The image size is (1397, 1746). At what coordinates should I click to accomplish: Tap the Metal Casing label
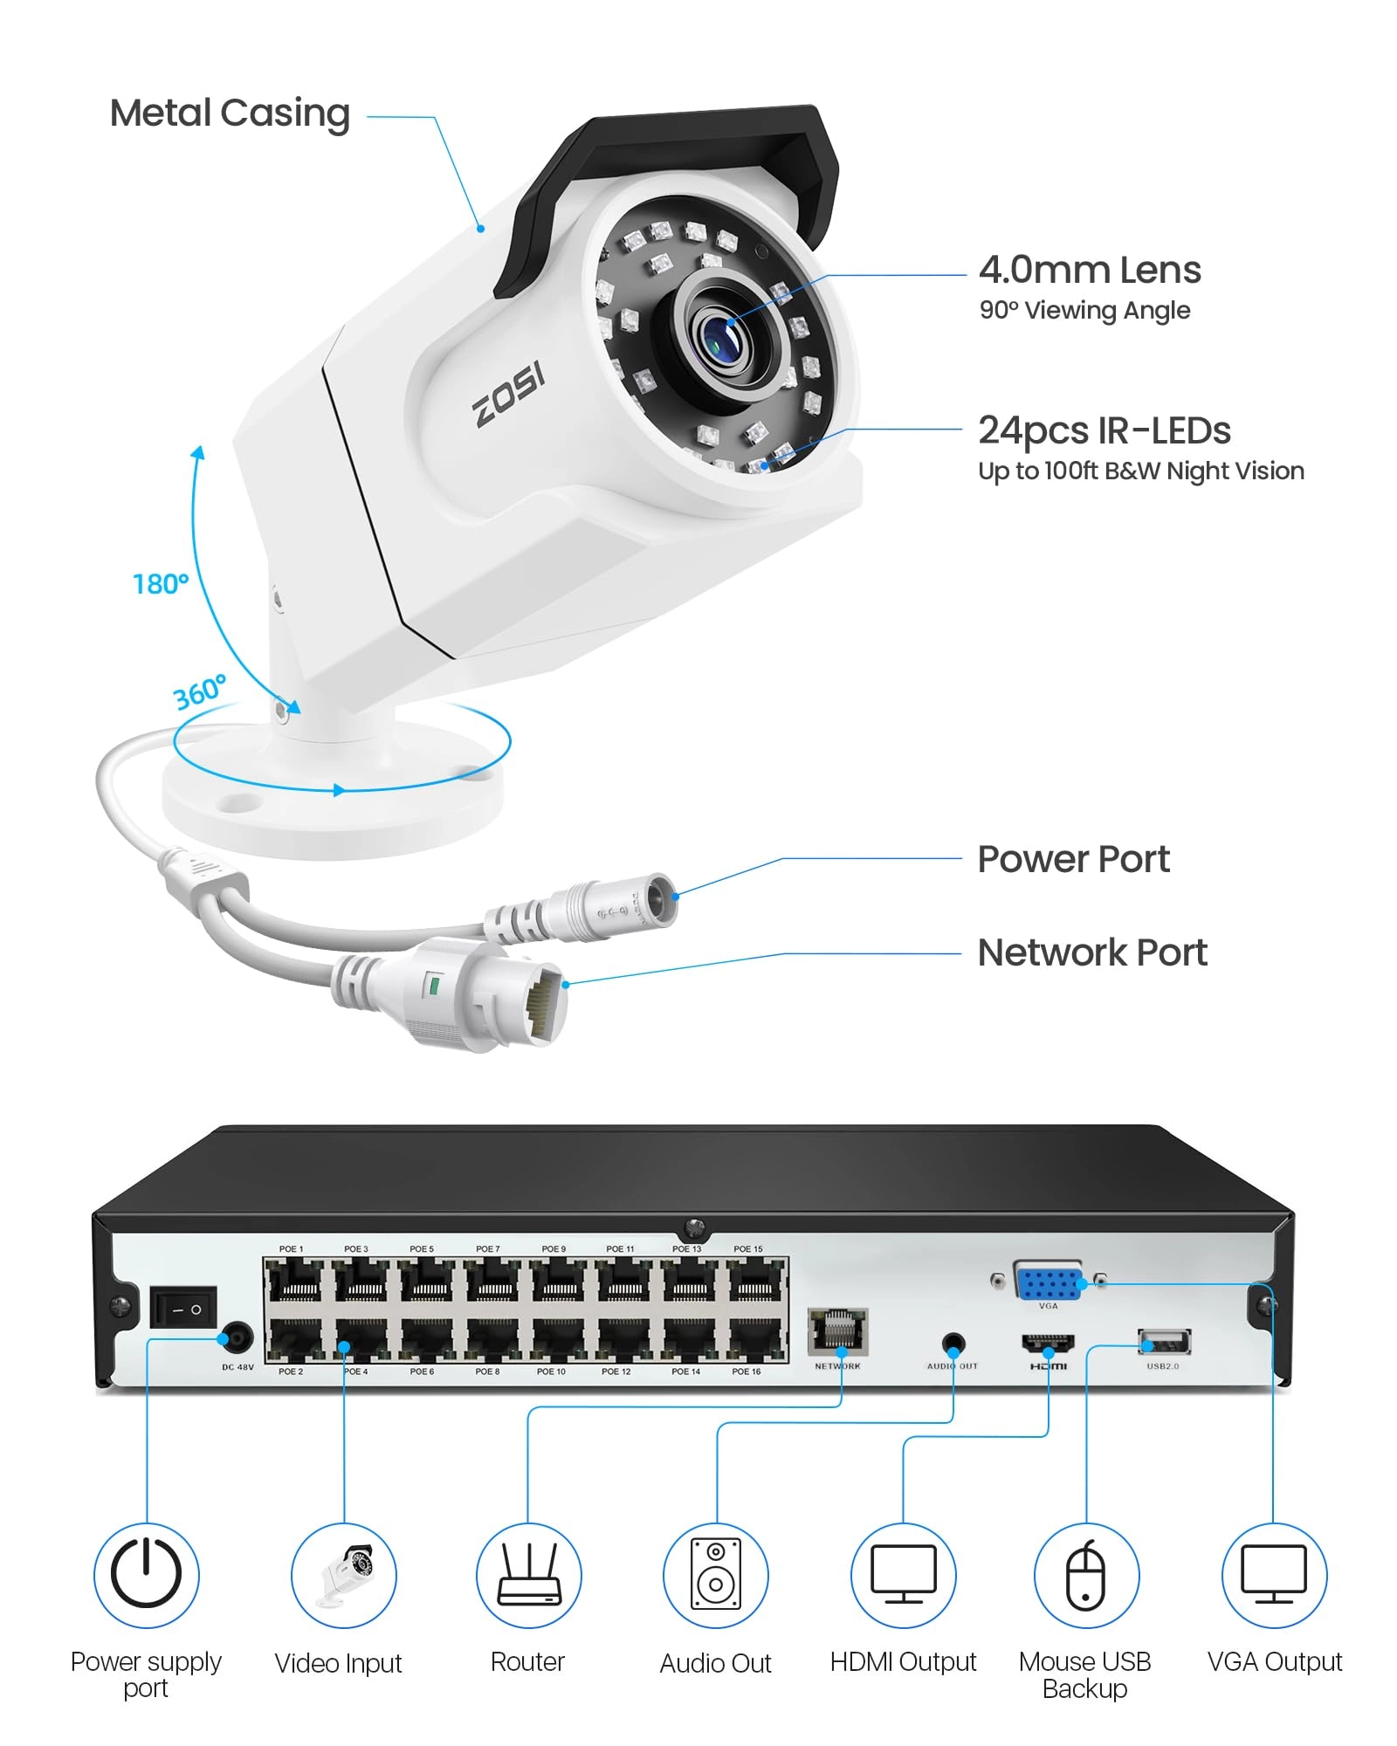(x=230, y=113)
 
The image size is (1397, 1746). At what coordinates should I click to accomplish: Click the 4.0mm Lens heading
(x=1089, y=270)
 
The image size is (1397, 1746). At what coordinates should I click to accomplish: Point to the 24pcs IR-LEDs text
(x=1104, y=430)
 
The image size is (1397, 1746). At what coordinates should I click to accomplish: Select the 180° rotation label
(x=160, y=583)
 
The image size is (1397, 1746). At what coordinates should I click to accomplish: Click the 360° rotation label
(x=200, y=692)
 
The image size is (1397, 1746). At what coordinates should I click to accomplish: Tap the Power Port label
(x=1072, y=859)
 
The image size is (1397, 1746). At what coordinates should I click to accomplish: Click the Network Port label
(x=1091, y=952)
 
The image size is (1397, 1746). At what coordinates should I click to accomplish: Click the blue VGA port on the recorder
(x=1048, y=1282)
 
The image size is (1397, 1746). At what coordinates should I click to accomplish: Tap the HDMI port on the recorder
(x=1048, y=1344)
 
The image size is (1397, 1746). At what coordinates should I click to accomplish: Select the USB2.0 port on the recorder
(x=1163, y=1341)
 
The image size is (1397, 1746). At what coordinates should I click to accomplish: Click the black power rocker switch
(x=183, y=1307)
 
